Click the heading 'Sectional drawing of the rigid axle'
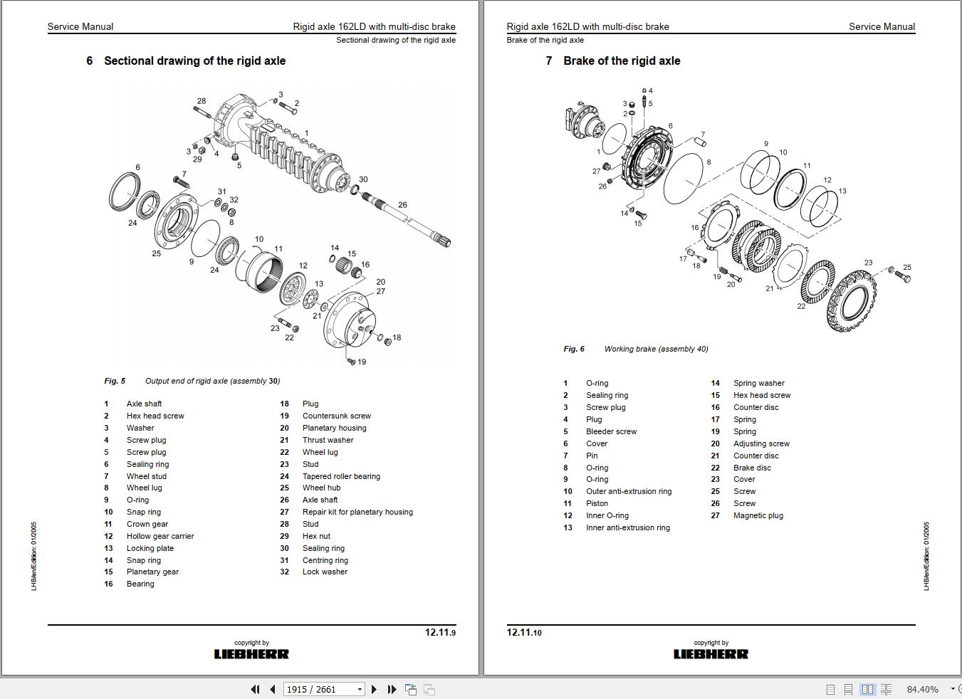(x=194, y=61)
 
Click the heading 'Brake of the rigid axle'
(x=621, y=61)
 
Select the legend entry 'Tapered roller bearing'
(x=341, y=476)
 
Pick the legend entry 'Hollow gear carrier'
(x=160, y=536)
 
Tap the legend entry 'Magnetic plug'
(x=758, y=515)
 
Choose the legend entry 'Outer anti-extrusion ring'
(x=628, y=491)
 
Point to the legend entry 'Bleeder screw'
(x=611, y=431)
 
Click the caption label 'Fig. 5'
(x=115, y=381)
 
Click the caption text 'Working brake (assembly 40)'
(x=656, y=349)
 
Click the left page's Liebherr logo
(x=251, y=653)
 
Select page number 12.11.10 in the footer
(x=524, y=632)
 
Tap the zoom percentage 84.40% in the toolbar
(x=922, y=689)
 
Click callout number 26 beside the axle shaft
(x=402, y=205)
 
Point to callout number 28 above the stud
(x=202, y=101)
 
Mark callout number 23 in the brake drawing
(x=868, y=263)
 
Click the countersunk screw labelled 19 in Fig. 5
(x=351, y=362)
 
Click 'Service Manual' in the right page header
(x=882, y=26)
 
